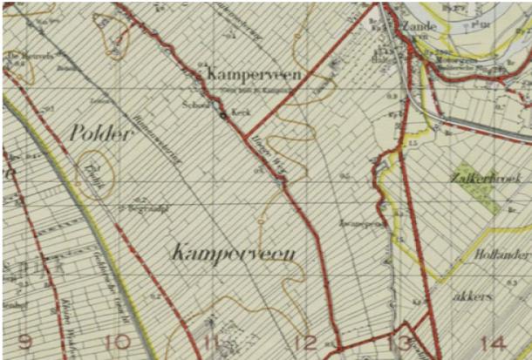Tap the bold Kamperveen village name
click(x=254, y=76)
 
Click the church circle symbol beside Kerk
click(x=224, y=115)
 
